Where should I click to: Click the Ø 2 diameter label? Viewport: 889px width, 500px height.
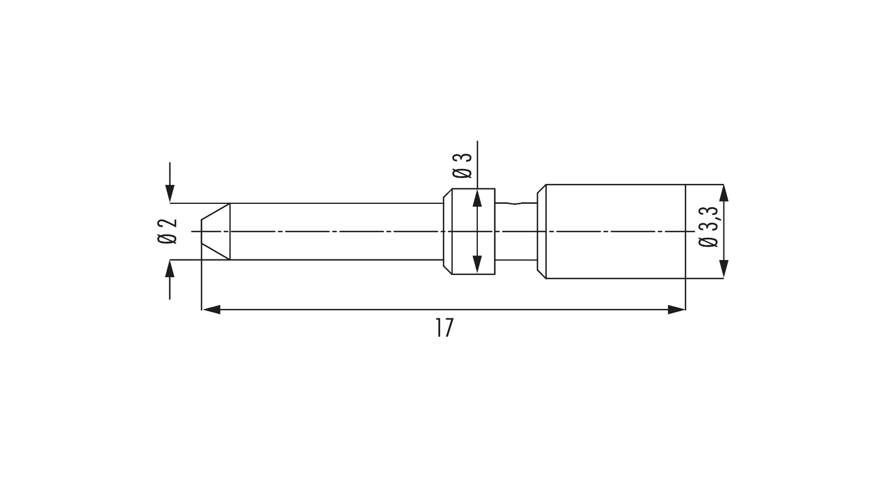[x=167, y=231]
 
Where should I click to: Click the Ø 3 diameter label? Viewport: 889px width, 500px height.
[x=462, y=166]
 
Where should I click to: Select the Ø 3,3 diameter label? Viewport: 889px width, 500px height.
[x=708, y=227]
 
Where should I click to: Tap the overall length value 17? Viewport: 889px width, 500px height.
[x=444, y=328]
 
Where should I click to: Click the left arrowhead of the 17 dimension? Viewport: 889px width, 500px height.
[x=211, y=309]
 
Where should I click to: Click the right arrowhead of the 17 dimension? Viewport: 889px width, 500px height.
[x=676, y=309]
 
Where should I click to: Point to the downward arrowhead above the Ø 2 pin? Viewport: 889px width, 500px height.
[x=170, y=194]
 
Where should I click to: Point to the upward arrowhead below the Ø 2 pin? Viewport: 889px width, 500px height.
[x=170, y=269]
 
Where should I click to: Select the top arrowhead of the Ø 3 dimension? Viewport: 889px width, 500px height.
[x=477, y=198]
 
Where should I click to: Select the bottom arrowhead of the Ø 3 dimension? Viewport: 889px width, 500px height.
[x=477, y=265]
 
